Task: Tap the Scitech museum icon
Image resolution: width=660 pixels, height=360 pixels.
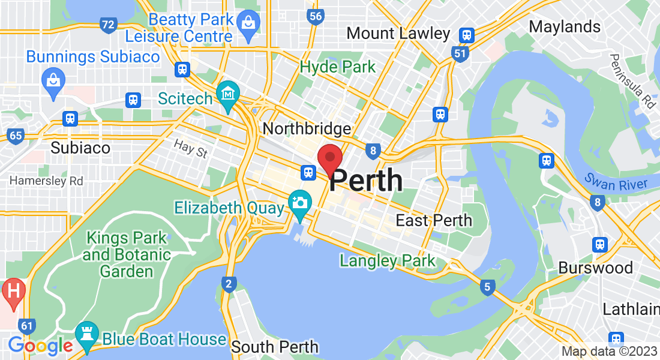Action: click(x=228, y=95)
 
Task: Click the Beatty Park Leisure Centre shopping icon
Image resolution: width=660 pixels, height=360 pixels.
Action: click(x=247, y=23)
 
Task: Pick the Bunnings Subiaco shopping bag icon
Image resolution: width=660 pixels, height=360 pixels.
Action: click(x=53, y=79)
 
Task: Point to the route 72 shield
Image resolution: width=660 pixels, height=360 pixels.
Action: click(x=109, y=25)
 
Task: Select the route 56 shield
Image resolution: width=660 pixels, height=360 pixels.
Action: click(x=316, y=16)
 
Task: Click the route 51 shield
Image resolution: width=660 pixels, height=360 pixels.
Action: click(x=460, y=54)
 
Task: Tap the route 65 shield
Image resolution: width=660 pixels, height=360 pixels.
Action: click(x=16, y=136)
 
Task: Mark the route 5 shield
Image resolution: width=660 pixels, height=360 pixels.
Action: click(x=487, y=287)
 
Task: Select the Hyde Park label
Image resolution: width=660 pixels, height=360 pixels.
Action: click(x=338, y=67)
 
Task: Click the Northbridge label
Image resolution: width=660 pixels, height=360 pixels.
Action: click(x=307, y=128)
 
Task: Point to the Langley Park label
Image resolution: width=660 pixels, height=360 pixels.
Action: click(x=388, y=261)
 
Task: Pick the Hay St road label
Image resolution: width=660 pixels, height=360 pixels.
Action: click(x=191, y=148)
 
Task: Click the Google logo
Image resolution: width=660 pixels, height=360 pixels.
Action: click(x=40, y=346)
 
